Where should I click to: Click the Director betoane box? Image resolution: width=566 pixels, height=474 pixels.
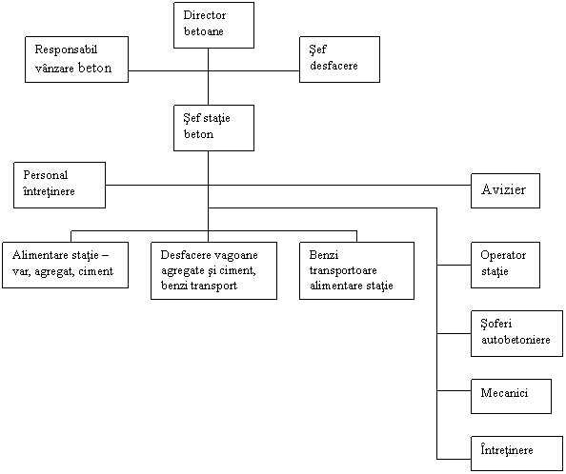(213, 26)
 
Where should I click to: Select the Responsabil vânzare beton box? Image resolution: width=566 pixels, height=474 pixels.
(76, 59)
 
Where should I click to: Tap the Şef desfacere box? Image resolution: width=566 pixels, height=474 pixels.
(339, 59)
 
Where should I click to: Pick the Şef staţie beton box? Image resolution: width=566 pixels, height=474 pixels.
(213, 128)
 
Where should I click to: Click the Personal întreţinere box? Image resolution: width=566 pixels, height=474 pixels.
(60, 185)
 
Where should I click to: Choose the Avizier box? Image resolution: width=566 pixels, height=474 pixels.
(505, 190)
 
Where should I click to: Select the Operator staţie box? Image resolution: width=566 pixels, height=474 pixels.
(505, 265)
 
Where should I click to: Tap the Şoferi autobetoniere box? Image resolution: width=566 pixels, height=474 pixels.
(516, 333)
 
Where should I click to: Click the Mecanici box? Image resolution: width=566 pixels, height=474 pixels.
(511, 396)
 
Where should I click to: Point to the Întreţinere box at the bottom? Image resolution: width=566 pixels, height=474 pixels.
(516, 453)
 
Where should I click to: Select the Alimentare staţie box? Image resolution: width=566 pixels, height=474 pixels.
(66, 265)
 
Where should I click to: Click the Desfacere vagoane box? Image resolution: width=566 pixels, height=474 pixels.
(213, 270)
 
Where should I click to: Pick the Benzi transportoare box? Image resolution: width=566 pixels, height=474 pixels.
(356, 270)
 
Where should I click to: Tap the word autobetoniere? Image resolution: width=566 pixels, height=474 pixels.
(515, 340)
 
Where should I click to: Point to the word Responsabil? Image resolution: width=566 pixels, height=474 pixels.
(66, 49)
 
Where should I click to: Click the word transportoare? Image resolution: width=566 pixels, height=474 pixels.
(343, 270)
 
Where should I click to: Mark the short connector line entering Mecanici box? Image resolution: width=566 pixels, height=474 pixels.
(454, 390)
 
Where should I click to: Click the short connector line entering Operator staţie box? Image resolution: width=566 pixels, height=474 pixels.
(454, 265)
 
